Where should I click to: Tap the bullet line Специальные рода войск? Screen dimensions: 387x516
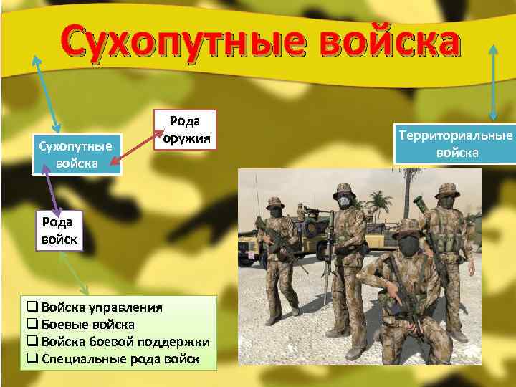[119, 358]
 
